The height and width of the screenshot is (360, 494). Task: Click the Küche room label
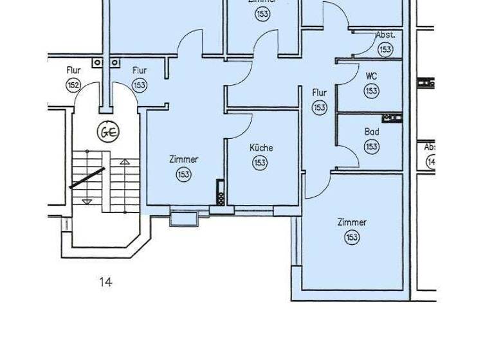coord(261,148)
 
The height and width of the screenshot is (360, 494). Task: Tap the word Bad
coord(372,132)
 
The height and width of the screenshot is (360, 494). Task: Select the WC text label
coord(371,76)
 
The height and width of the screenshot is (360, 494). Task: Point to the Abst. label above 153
coord(385,35)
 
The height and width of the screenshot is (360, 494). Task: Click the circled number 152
coord(73,85)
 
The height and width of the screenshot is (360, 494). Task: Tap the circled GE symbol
coord(107,132)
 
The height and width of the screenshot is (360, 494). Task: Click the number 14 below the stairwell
coord(105,282)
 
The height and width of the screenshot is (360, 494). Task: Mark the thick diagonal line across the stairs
coord(87,177)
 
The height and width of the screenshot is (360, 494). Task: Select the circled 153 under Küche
coord(260,163)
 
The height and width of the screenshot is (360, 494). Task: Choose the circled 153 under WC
coord(371,91)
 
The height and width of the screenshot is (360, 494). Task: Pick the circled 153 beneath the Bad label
coord(371,147)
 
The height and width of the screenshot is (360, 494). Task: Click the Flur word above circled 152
coord(73,70)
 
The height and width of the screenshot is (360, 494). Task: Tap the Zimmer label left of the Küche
coord(184,159)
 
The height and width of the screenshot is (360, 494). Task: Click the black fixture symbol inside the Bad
coord(392,118)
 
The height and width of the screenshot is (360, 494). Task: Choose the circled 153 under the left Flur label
coord(140,85)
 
